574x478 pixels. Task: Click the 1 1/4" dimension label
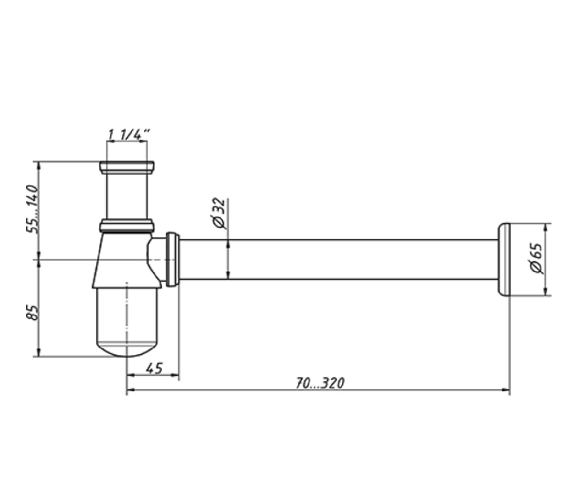coord(128,134)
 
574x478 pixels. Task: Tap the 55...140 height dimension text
coord(32,209)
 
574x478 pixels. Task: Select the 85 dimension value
coord(32,312)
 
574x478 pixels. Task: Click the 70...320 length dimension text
coord(320,383)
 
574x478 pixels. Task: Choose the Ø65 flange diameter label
coord(537,258)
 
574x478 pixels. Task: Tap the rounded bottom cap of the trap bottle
coord(127,349)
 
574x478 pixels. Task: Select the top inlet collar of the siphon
coord(127,168)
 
